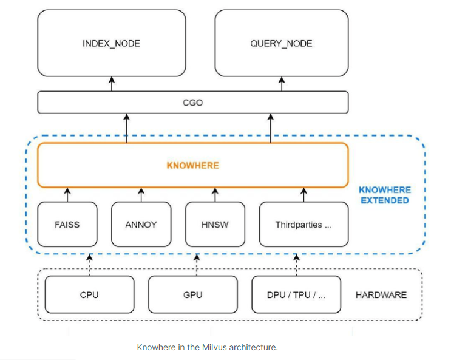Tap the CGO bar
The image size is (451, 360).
point(192,103)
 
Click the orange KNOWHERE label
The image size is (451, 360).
point(192,165)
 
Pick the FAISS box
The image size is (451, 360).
point(67,224)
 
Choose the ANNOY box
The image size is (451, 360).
point(141,224)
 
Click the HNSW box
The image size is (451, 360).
point(214,224)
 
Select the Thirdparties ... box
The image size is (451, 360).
point(303,224)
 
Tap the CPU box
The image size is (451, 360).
point(89,295)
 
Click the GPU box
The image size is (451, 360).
point(192,295)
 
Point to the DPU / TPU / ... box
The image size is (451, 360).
point(297,295)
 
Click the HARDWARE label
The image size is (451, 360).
point(381,295)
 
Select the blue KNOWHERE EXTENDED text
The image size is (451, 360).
point(384,195)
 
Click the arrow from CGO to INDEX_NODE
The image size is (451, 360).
point(111,84)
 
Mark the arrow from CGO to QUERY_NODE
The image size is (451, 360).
point(281,84)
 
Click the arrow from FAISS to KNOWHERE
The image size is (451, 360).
point(67,195)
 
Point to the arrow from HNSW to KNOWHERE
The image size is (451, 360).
point(214,195)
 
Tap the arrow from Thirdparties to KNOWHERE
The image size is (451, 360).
point(303,195)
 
